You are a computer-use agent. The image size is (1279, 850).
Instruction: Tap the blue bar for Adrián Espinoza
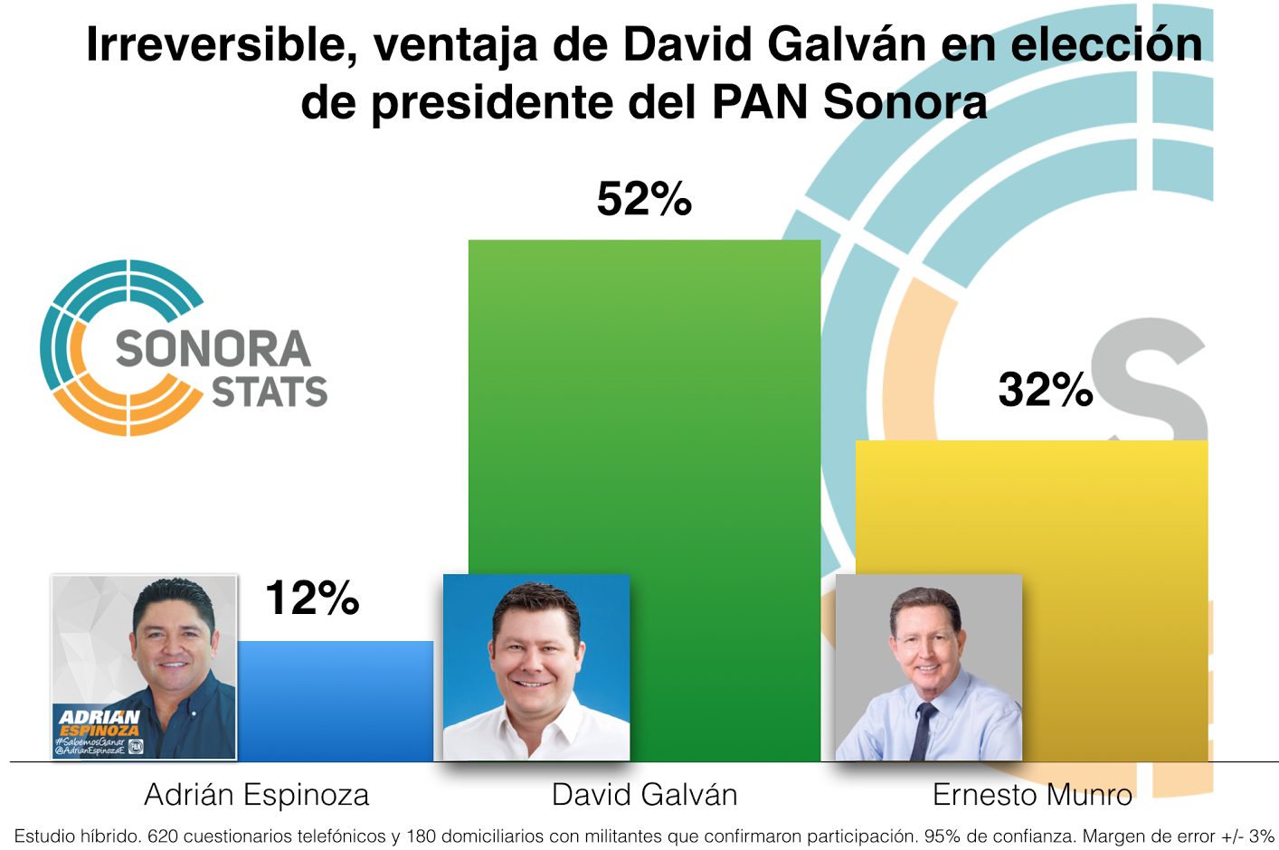point(335,701)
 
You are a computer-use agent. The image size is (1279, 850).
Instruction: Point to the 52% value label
point(644,199)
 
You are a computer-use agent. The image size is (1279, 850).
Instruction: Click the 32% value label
point(1046,390)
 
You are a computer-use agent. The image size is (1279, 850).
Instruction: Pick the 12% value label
point(312,598)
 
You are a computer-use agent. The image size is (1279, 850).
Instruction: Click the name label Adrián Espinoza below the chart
point(257,795)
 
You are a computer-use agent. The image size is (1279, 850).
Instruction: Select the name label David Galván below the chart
point(644,795)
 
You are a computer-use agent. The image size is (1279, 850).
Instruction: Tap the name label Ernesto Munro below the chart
point(1032,795)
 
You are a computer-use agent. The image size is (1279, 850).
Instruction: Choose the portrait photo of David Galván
point(535,667)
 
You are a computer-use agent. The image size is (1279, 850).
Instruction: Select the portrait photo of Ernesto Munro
point(928,667)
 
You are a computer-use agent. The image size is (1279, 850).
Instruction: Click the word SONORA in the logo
point(213,349)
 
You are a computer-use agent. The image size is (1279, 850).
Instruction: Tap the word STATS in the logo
point(270,392)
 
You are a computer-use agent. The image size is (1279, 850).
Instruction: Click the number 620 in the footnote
point(163,836)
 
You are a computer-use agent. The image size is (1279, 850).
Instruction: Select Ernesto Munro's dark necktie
point(922,728)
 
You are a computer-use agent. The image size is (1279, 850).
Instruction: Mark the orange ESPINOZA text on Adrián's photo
point(100,730)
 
